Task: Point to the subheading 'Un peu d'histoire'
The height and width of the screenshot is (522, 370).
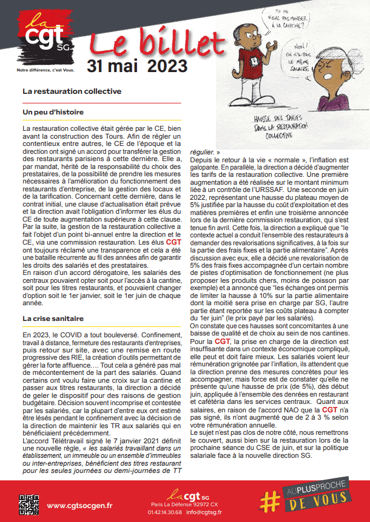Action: tap(53, 112)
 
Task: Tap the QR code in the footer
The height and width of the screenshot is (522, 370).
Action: tap(28, 504)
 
